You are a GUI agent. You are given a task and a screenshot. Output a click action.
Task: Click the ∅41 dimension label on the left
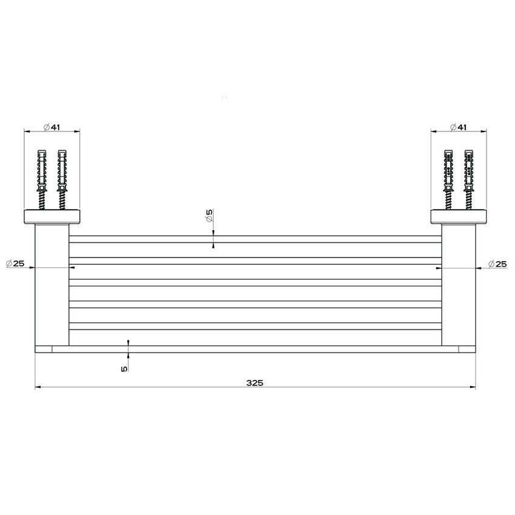point(52,127)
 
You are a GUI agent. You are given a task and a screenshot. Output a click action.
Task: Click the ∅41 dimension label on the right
point(459,127)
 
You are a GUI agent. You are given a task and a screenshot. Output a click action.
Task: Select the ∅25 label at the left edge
point(15,264)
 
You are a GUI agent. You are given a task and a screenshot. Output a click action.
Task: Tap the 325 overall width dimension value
point(254,383)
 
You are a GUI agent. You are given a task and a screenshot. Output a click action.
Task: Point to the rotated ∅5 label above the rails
point(209,216)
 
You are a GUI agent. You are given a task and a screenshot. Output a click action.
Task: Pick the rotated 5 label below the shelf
point(124,368)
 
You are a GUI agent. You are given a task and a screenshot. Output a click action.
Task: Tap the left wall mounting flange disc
point(52,216)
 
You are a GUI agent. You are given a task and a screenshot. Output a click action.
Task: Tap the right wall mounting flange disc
point(459,216)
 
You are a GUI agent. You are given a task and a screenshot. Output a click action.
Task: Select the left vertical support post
point(52,285)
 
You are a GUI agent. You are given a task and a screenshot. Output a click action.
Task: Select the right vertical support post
point(459,285)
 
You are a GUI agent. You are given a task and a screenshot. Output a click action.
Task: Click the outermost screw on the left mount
point(42,179)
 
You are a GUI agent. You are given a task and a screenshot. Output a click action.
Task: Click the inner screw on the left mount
point(61,179)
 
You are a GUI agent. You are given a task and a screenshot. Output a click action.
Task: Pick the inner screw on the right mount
point(448,179)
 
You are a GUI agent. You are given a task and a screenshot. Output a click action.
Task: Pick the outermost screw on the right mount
point(468,179)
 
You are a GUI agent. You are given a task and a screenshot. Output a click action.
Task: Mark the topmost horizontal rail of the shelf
point(254,239)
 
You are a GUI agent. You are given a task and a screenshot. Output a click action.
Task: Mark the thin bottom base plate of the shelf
point(254,348)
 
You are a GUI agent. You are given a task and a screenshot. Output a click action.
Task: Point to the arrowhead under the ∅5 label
point(213,245)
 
